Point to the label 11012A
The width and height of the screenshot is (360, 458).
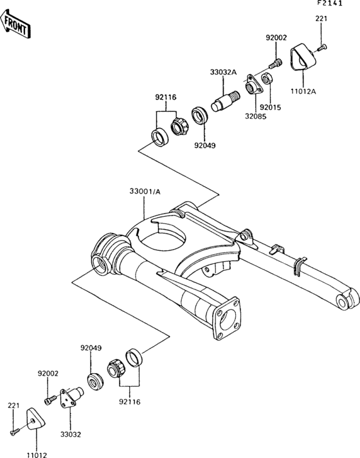(303, 92)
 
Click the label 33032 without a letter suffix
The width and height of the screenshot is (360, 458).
(71, 435)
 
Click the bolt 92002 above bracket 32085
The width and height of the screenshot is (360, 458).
(276, 64)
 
